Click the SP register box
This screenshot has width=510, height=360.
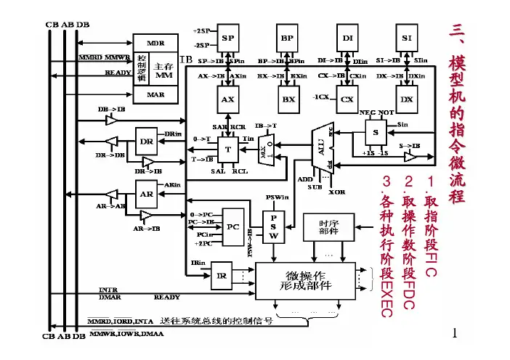[x=227, y=38]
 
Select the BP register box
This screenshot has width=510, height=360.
[x=288, y=38]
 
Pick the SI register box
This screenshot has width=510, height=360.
[x=406, y=38]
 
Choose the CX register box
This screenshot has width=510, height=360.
[x=348, y=98]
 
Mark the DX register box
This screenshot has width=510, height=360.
[x=406, y=98]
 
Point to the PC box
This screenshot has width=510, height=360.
[x=233, y=226]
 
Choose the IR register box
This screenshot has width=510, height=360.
[x=222, y=275]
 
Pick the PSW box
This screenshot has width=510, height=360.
[x=274, y=226]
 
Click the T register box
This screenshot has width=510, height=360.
[x=227, y=148]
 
